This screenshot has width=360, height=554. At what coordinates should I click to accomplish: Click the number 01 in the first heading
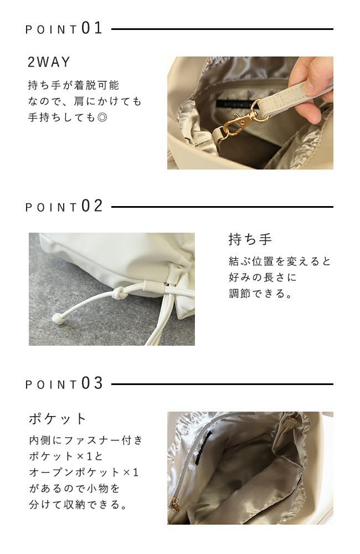click(92, 28)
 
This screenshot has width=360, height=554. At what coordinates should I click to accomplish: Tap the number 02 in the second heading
click(92, 206)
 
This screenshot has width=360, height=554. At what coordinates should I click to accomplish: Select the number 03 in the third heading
click(92, 383)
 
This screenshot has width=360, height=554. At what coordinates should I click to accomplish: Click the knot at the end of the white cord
click(58, 318)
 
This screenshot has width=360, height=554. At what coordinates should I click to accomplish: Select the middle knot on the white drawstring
click(119, 294)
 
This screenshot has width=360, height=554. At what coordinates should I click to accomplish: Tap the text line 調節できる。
click(261, 294)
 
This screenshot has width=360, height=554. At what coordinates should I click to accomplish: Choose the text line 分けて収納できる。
click(78, 505)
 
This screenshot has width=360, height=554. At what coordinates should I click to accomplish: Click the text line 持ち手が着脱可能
click(74, 85)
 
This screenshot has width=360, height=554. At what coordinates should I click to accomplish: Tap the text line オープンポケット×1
click(83, 473)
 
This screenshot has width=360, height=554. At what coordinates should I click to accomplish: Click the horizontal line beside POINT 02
click(222, 207)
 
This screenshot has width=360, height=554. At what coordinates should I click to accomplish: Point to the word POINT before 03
click(51, 385)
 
